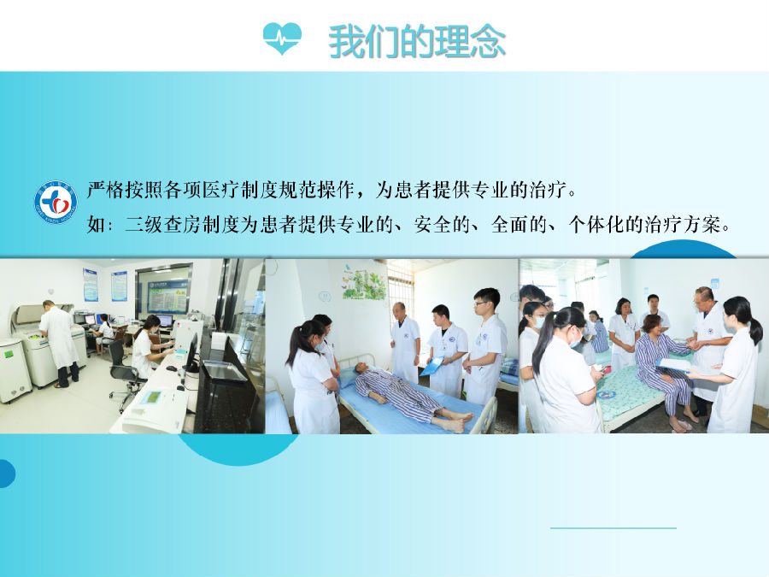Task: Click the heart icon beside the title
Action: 282,38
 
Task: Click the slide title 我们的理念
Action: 417,41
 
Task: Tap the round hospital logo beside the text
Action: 56,203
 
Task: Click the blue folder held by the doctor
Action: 432,366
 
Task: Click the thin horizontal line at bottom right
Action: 613,528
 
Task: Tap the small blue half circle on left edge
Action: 5,473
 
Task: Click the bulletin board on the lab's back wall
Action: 168,291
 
